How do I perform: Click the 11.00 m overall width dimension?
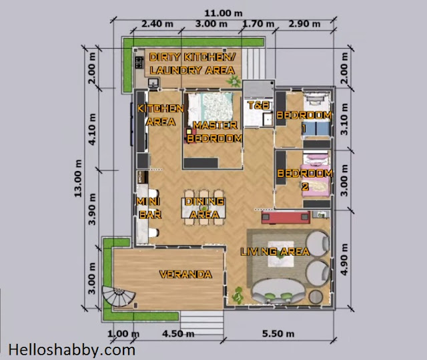pos(224,13)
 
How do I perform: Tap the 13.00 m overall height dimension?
pos(78,178)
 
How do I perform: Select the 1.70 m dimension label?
pos(258,24)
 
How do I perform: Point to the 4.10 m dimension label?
pos(92,129)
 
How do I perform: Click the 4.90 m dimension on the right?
pos(344,259)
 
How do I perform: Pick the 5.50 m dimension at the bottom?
pos(278,333)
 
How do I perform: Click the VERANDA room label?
pos(185,274)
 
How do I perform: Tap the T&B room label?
pos(259,105)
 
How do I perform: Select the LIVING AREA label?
pos(275,252)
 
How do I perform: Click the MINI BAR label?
pos(149,208)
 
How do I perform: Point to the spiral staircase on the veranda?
pos(119,297)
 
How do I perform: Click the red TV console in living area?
pos(286,217)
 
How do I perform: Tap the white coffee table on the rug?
pos(281,254)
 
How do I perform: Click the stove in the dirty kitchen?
pos(139,62)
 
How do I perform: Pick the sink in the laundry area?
pos(153,83)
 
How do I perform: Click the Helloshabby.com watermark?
pos(71,350)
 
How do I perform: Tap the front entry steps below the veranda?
pos(201,323)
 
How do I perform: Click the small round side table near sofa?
pos(316,297)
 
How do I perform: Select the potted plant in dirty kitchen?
pos(234,81)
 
